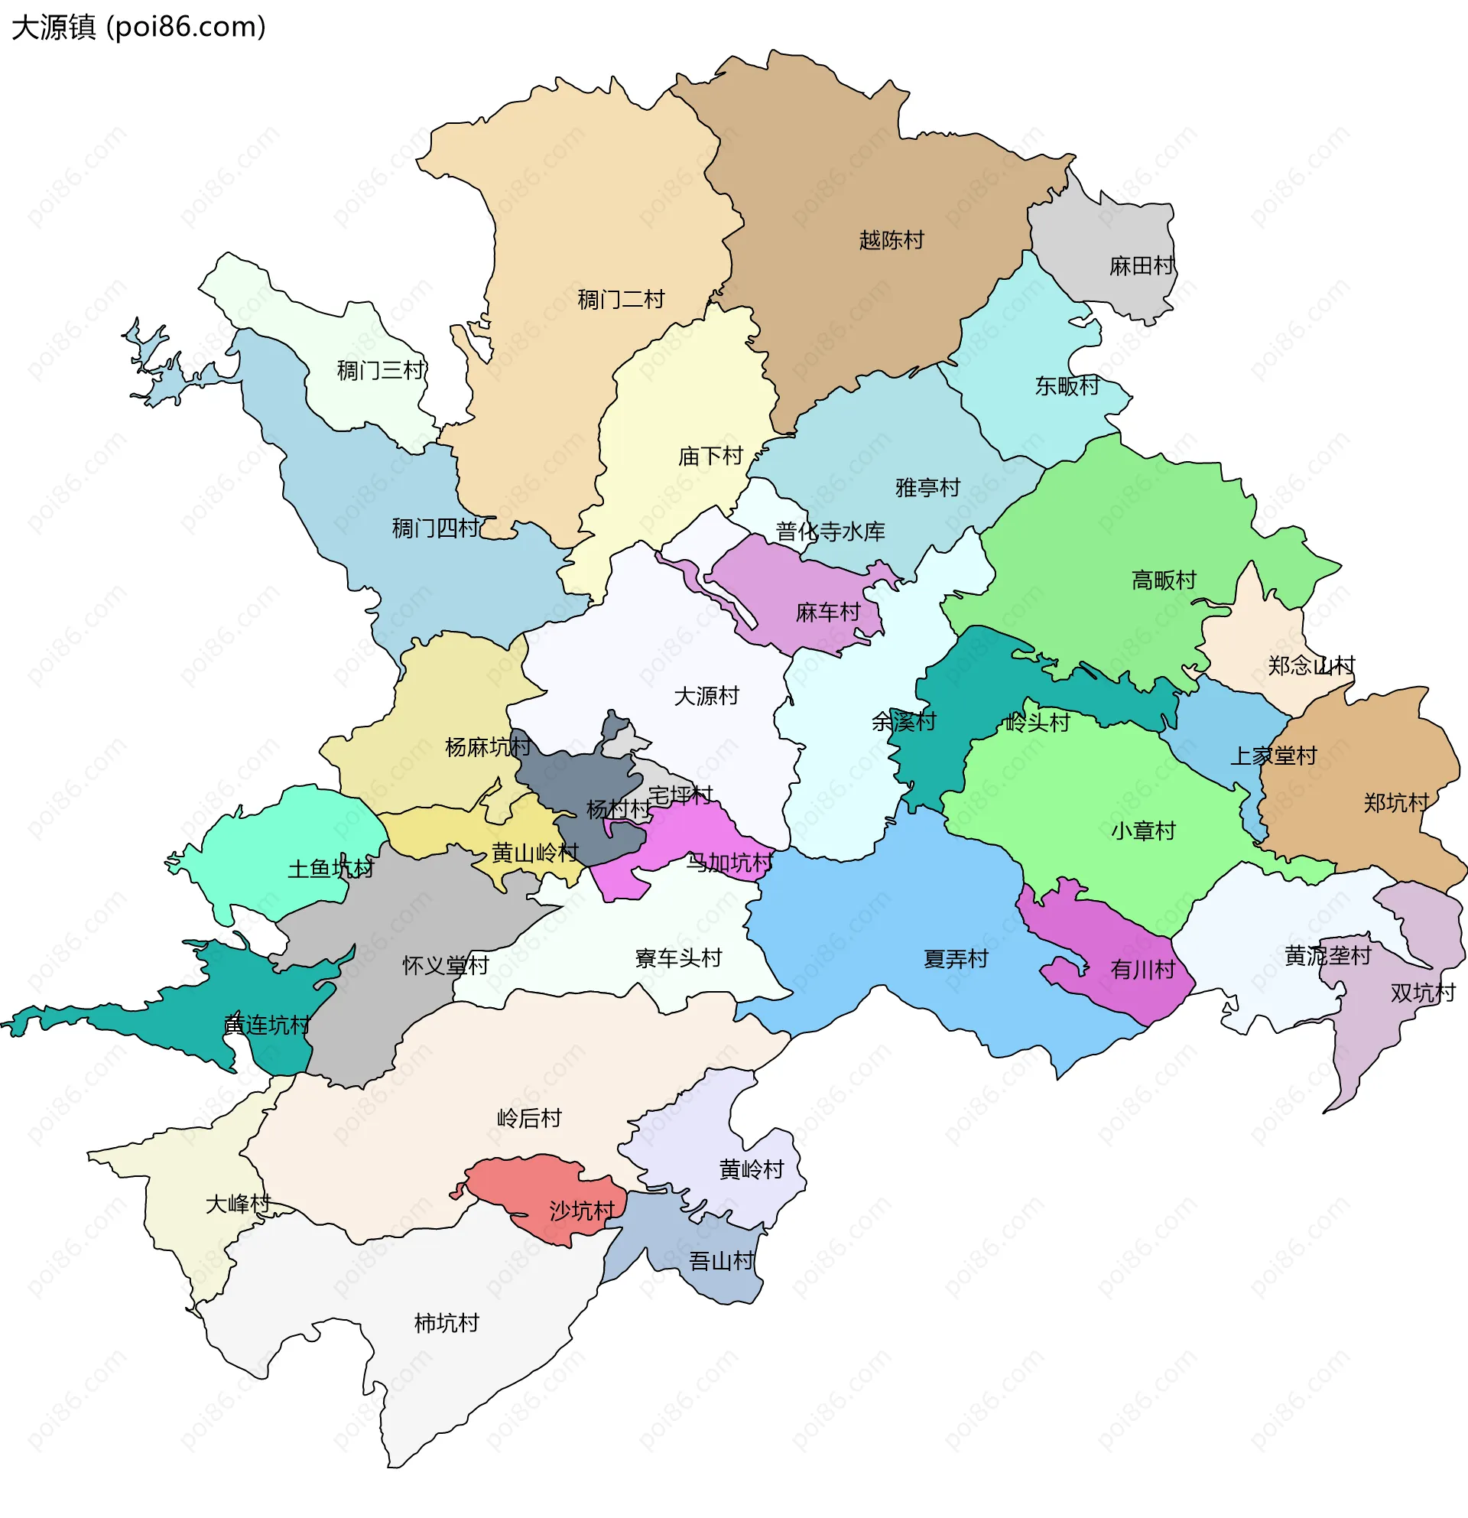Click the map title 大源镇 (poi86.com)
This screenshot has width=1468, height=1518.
click(x=139, y=27)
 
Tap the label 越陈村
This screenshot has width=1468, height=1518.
click(x=892, y=240)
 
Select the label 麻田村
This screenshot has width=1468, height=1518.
click(x=1142, y=265)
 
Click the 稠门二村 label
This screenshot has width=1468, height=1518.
click(x=621, y=299)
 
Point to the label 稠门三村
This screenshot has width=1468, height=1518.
click(x=380, y=370)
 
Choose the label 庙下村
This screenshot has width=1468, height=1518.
click(x=710, y=456)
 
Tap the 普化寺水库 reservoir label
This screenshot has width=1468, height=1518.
click(x=830, y=531)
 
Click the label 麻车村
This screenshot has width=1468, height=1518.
click(x=828, y=613)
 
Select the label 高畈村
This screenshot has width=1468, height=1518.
click(x=1163, y=580)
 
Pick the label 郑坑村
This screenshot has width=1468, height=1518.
click(x=1395, y=802)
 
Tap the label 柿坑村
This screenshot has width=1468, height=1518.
click(x=446, y=1323)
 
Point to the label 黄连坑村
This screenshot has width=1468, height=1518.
click(x=266, y=1025)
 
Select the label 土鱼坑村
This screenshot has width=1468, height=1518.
click(x=330, y=868)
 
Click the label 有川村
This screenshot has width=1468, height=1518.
click(x=1142, y=969)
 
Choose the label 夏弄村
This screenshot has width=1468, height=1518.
click(x=956, y=959)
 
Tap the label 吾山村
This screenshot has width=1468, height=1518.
click(x=721, y=1262)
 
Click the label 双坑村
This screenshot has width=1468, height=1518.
click(x=1422, y=992)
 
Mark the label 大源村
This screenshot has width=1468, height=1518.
click(x=706, y=695)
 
